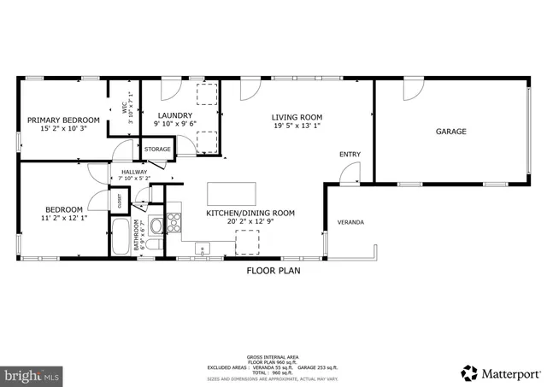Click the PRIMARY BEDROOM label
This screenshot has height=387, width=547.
click(63, 120)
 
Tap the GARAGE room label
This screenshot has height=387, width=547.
click(451, 132)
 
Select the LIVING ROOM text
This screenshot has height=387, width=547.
click(297, 117)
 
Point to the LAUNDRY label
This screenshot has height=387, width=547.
click(173, 114)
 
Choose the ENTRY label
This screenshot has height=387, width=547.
click(350, 155)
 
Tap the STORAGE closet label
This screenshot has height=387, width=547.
click(157, 150)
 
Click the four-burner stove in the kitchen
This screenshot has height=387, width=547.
click(174, 222)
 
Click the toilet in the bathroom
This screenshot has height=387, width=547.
click(156, 246)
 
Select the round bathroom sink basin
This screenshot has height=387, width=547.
click(156, 226)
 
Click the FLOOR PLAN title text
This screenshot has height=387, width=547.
click(273, 271)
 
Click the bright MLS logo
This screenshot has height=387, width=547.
click(32, 374)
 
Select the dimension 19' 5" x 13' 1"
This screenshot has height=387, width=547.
click(297, 126)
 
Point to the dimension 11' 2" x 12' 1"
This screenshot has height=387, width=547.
click(63, 219)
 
